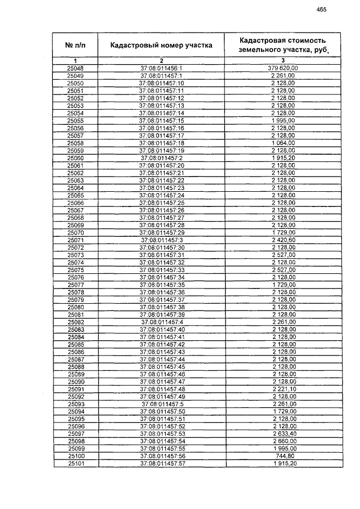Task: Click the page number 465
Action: tap(321, 9)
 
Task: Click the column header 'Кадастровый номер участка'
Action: tap(161, 45)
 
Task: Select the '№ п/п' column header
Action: tap(75, 45)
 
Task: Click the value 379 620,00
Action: tap(283, 68)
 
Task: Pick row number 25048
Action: tap(75, 68)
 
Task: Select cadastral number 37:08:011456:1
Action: tap(161, 68)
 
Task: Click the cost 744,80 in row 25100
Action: tap(283, 456)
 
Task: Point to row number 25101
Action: tap(75, 463)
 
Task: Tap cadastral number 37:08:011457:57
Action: tap(161, 463)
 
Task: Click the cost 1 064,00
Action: tap(283, 143)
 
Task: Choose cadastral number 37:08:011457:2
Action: tap(161, 158)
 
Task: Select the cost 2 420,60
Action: tap(283, 240)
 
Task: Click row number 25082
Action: tap(75, 322)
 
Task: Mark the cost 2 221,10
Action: tap(283, 389)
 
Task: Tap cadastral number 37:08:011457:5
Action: tap(161, 403)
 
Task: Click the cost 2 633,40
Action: tap(283, 433)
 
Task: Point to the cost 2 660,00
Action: tap(283, 440)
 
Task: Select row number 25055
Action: tap(75, 120)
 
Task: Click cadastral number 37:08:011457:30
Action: tap(161, 247)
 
